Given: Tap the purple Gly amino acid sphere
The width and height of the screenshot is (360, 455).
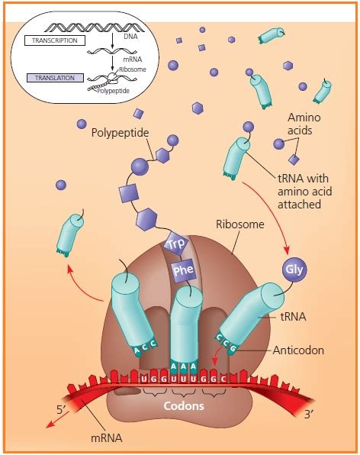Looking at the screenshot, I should coord(294,269).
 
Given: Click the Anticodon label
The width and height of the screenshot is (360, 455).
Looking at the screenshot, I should coord(298,351).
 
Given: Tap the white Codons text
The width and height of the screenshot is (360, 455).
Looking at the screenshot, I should coord(184,406).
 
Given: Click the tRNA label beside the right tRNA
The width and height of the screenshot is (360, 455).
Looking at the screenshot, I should coord(293,321).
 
